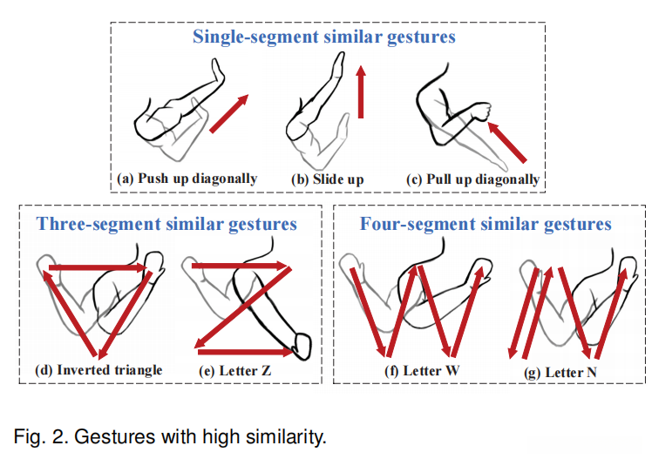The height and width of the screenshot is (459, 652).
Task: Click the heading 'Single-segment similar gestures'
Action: point(324,37)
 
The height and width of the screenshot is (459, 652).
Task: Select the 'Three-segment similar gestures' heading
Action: point(166,225)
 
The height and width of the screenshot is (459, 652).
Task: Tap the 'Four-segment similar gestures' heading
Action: point(486,225)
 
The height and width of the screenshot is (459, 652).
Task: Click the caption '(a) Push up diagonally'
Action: point(187,179)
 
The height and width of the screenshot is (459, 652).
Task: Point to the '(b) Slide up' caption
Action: point(328,179)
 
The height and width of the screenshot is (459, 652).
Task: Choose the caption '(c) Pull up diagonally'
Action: point(473,179)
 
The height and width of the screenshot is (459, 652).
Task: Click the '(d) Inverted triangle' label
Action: point(98,369)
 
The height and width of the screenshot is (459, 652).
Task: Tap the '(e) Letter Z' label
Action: point(235,370)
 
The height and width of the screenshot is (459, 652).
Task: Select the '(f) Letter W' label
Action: point(422,370)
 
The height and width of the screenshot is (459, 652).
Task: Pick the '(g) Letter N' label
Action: point(560,373)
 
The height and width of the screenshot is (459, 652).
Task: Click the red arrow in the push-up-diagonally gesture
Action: point(229,113)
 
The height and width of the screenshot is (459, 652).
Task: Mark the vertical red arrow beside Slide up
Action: point(361,91)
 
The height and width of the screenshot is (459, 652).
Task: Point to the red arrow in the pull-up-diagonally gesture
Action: point(507,142)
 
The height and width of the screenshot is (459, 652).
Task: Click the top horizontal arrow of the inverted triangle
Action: point(98,267)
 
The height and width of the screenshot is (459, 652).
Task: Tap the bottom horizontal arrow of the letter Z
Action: point(246,352)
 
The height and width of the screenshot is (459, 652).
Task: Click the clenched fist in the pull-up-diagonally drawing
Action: point(480,111)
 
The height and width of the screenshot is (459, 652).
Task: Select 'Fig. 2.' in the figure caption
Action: point(41,436)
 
